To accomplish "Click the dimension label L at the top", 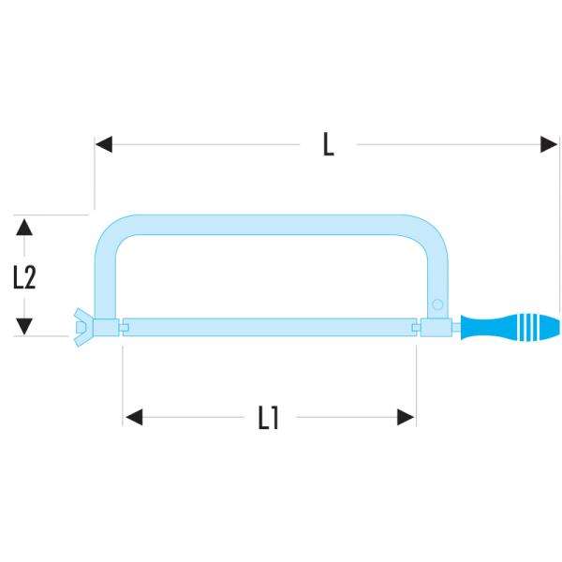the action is coord(328,145).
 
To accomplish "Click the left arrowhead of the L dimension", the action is coord(103,144).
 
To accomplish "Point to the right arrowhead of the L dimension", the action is coord(550,144).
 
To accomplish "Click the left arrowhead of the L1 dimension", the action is coord(132,417).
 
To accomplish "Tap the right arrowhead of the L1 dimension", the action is coord(407,417).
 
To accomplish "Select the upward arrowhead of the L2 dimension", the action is coord(24,225).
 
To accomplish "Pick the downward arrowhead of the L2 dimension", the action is coord(24,326).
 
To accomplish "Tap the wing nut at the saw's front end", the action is coord(81,325).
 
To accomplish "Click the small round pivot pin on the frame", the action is coord(436,303).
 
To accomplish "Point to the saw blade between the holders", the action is coord(272,326).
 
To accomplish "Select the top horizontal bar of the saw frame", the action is coord(272,225).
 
